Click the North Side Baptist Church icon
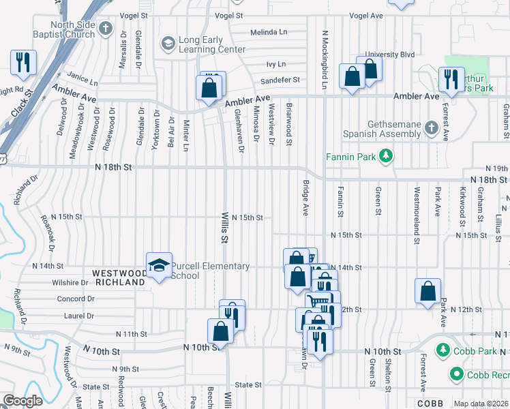[x=105, y=29]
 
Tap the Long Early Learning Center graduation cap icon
[x=167, y=44]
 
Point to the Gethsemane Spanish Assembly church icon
[x=431, y=127]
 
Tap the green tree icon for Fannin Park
[x=387, y=157]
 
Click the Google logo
[x=22, y=401]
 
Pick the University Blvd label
[x=390, y=55]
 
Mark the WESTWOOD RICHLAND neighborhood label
[x=119, y=276]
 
